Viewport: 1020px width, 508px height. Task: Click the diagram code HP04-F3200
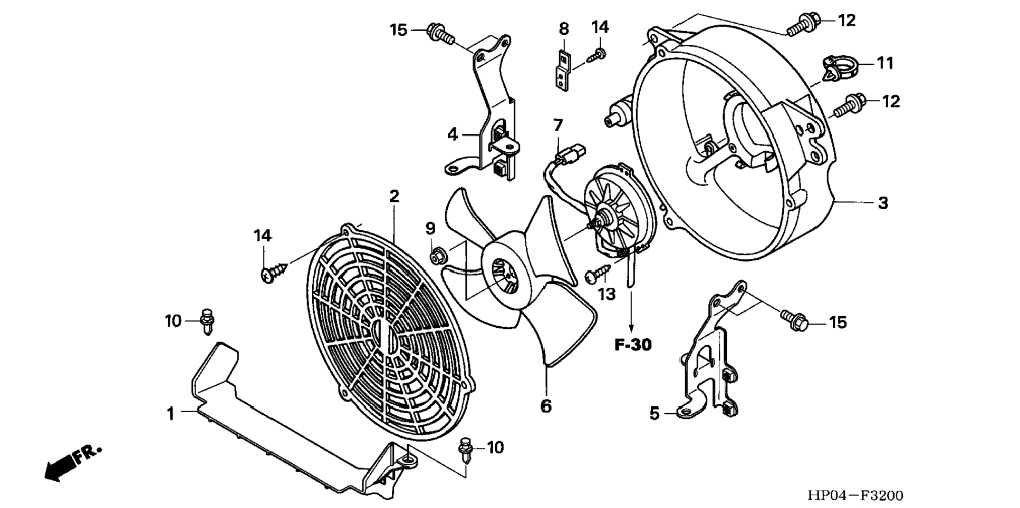[855, 495]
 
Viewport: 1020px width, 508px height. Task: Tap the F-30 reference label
[633, 345]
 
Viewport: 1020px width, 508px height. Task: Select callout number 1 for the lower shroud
[170, 414]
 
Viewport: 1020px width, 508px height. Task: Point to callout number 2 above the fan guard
[394, 197]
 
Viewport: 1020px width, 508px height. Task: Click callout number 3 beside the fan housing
[883, 203]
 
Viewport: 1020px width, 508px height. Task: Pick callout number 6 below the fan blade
[546, 406]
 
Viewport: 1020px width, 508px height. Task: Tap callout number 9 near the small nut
[430, 229]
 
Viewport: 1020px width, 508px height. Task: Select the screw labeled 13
[596, 273]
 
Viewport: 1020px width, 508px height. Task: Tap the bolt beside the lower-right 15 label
[794, 319]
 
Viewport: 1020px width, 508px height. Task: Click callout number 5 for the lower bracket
[654, 414]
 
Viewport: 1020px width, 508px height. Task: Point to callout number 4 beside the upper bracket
[452, 135]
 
